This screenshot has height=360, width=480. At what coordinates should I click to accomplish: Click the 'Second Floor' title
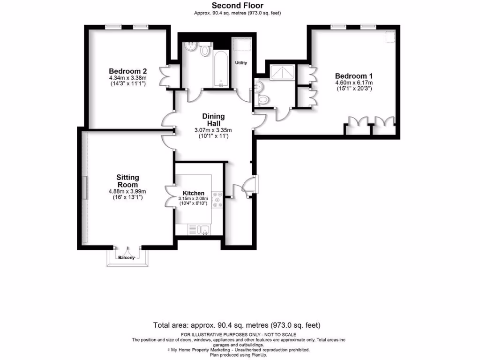tap(237, 6)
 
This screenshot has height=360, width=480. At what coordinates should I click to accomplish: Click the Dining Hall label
tap(213, 120)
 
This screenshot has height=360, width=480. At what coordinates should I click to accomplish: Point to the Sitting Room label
tap(127, 181)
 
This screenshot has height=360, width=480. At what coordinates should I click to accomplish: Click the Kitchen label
tap(194, 193)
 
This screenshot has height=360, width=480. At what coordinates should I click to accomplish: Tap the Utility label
tap(241, 63)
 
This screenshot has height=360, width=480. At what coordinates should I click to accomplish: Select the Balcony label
tap(126, 258)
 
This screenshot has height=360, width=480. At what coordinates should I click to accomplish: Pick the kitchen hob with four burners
tap(217, 199)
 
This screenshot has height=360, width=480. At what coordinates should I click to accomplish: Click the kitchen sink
tap(202, 229)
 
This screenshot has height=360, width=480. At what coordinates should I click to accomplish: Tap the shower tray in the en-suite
tap(283, 72)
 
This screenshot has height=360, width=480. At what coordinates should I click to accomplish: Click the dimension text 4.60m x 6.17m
tap(353, 83)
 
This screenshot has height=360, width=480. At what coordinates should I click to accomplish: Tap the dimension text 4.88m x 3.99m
tap(127, 191)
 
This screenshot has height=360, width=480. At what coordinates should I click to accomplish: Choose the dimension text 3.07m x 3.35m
tap(213, 130)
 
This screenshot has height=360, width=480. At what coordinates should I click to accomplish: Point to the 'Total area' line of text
tap(237, 325)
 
